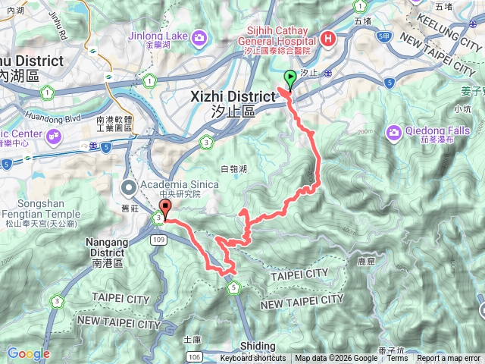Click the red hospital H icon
click(328, 39)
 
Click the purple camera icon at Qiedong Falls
click(393, 133)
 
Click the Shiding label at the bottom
click(258, 345)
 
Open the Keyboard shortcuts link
click(253, 359)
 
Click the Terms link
click(397, 359)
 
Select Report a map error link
click(448, 359)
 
